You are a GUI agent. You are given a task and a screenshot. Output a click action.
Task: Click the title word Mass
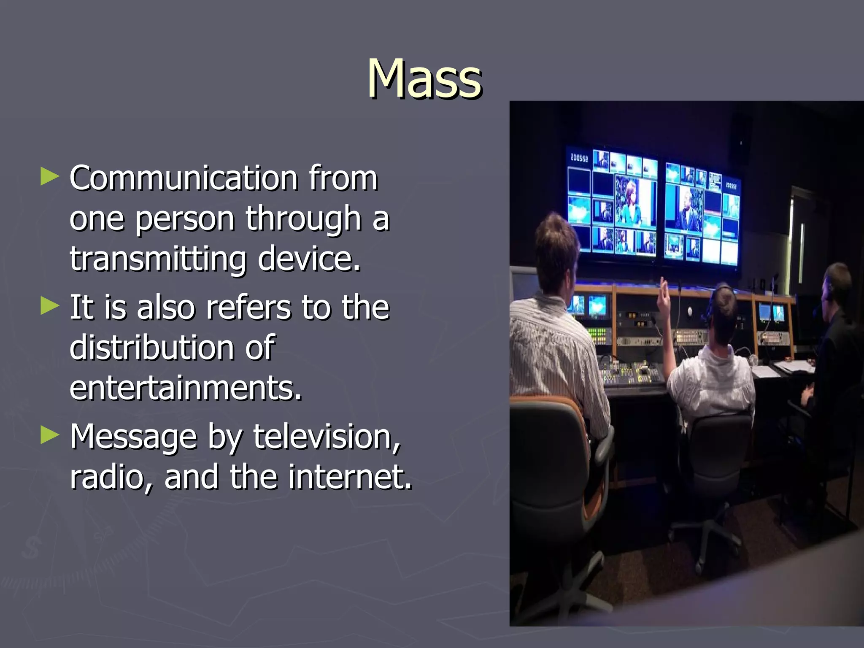click(x=424, y=79)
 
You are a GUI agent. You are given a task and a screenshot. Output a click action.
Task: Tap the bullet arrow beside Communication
click(x=50, y=177)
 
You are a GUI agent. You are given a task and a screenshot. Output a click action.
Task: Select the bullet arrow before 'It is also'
click(x=50, y=306)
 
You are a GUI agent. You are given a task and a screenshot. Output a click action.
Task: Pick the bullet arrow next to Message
click(x=50, y=435)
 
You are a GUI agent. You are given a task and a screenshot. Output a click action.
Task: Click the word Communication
click(x=184, y=178)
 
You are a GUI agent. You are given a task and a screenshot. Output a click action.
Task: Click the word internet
click(x=350, y=477)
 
